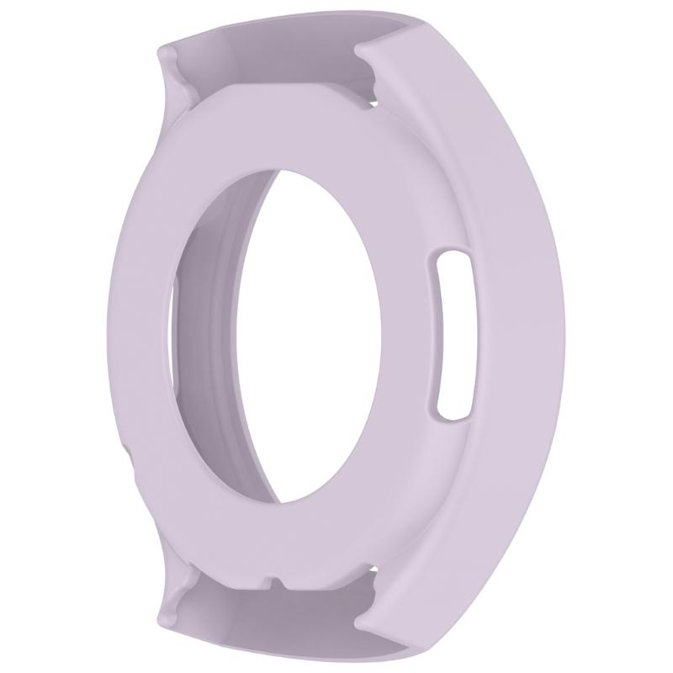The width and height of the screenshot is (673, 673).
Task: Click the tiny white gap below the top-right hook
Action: point(373,103)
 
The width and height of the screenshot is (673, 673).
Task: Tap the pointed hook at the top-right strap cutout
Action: point(360,56)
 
